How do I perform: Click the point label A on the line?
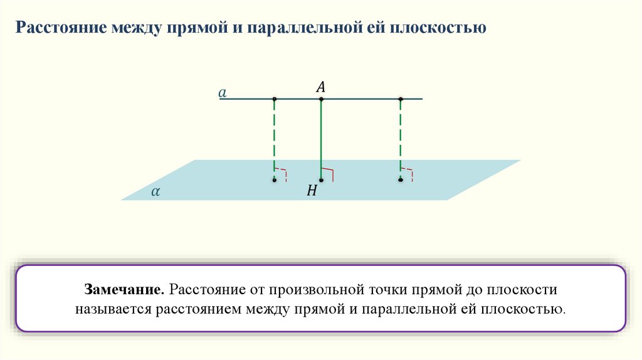click(320, 88)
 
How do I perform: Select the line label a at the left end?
click(222, 93)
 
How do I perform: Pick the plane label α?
click(154, 192)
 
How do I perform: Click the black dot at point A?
click(321, 99)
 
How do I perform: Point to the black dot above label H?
click(321, 180)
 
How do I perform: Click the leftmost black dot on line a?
click(275, 99)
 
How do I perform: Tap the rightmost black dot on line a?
click(401, 99)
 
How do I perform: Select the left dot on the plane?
click(275, 180)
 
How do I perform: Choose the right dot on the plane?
click(401, 180)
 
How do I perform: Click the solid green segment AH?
click(321, 138)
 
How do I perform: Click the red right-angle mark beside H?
click(329, 173)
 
